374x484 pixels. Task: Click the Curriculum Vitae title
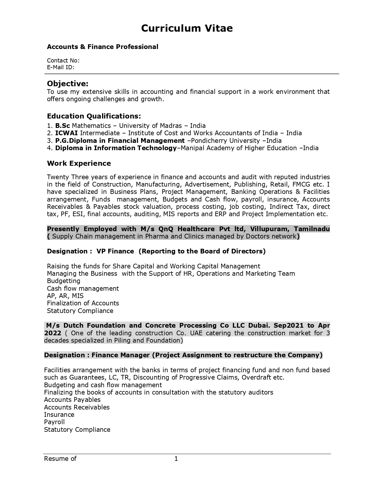[x=187, y=28]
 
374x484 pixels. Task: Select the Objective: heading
[x=67, y=84]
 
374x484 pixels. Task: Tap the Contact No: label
[x=63, y=60]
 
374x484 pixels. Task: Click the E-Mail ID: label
[x=60, y=67]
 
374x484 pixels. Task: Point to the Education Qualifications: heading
[x=94, y=116]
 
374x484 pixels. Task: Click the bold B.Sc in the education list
[x=62, y=126]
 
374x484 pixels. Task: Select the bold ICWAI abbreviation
[x=66, y=133]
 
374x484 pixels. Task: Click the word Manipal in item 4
[x=192, y=148]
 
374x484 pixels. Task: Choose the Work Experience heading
[x=79, y=163]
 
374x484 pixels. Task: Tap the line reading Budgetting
[x=63, y=281]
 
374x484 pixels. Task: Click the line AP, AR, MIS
[x=65, y=296]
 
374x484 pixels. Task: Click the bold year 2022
[x=53, y=333]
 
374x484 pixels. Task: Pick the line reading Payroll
[x=54, y=422]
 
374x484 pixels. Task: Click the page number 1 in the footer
[x=176, y=458]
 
